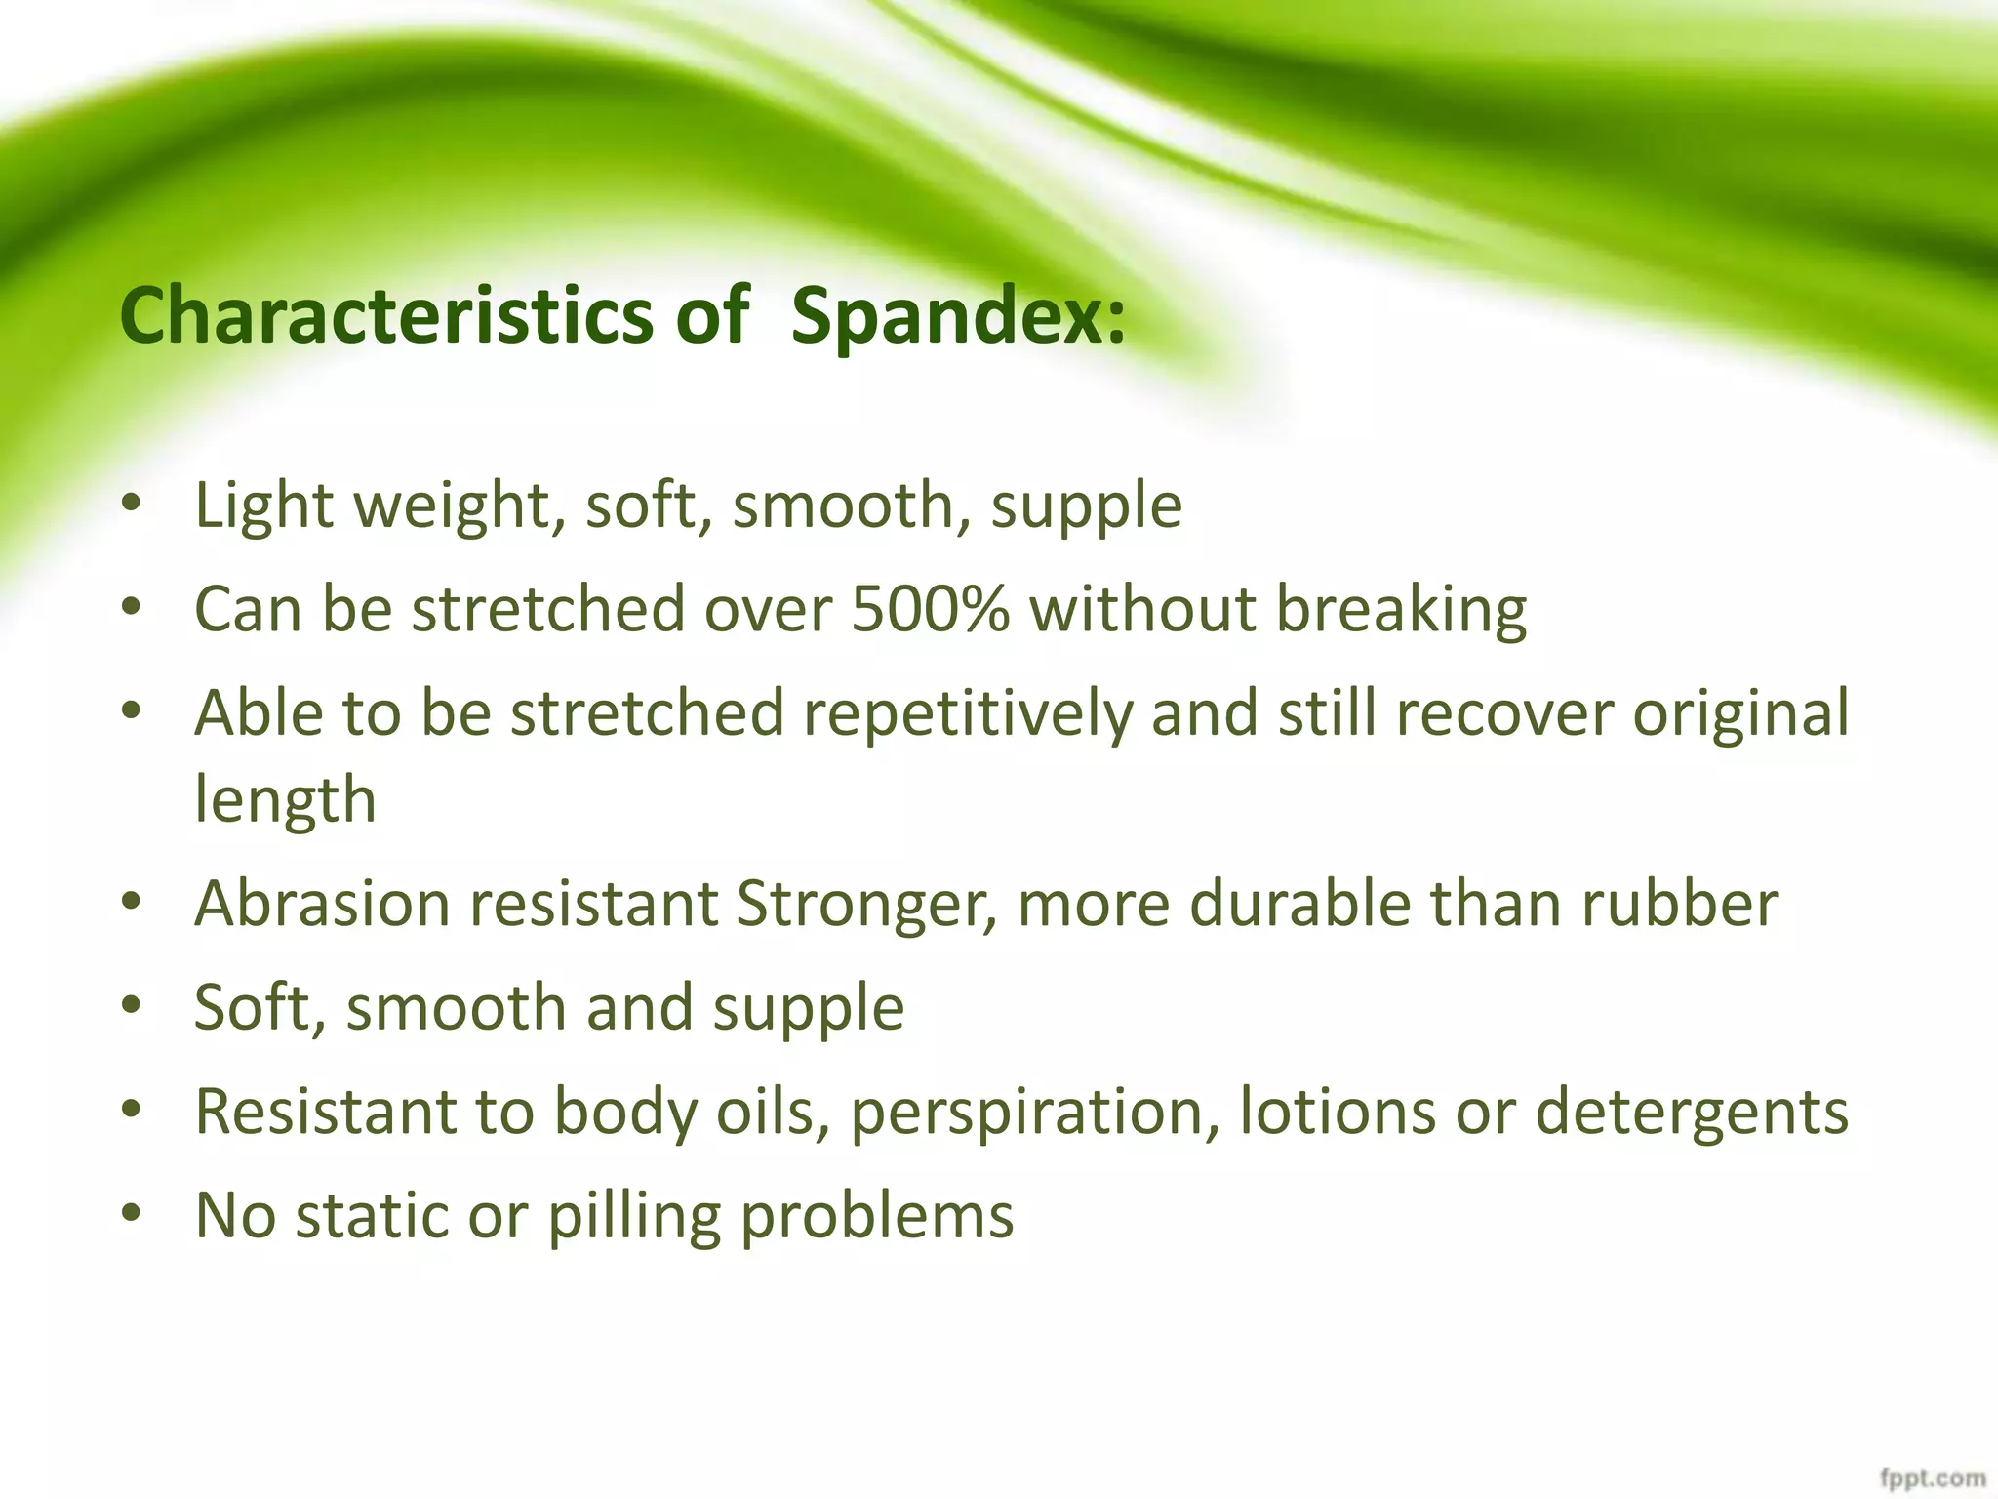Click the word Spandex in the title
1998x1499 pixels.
point(958,316)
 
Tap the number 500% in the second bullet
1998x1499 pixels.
point(930,609)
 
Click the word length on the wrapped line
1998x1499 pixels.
point(285,800)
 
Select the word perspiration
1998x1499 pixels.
point(1035,1114)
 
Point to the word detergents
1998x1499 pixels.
point(1692,1114)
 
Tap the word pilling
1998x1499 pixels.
point(633,1217)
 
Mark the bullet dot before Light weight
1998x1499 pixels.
point(132,505)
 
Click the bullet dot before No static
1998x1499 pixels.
point(132,1215)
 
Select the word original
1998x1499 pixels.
point(1740,712)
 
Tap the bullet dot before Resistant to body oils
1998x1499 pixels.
point(132,1111)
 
